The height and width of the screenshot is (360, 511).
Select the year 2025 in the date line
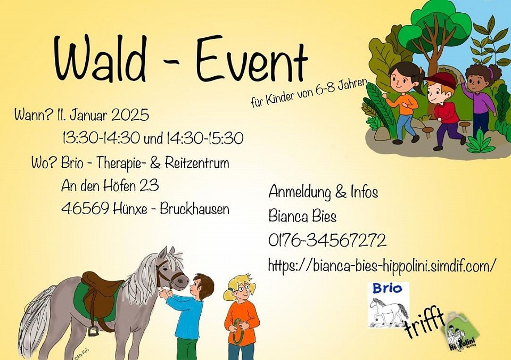[130, 115]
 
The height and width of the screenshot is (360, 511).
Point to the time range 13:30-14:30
[101, 138]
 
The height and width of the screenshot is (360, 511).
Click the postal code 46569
[85, 208]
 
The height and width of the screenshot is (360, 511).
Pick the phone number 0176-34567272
[327, 240]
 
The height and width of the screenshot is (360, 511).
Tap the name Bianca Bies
[302, 216]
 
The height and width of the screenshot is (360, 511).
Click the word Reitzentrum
[197, 163]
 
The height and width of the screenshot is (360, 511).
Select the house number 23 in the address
[149, 185]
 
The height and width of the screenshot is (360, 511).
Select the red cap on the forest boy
[436, 80]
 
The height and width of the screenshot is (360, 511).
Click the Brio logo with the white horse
[388, 305]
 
